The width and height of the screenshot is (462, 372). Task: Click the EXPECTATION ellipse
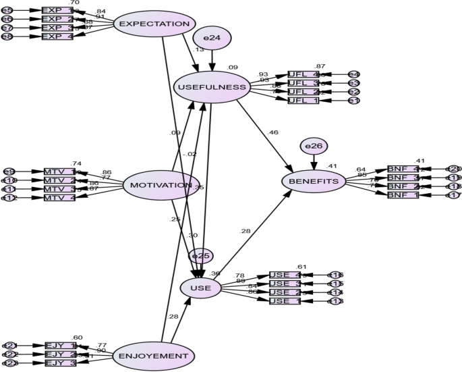(x=154, y=24)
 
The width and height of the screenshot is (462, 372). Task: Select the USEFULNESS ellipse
(x=212, y=87)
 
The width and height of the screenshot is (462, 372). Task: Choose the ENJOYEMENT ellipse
(x=154, y=356)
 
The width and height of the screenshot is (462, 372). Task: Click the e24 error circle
(x=212, y=39)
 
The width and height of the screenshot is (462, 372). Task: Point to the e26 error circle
(x=314, y=146)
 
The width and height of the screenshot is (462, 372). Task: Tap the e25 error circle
(x=201, y=256)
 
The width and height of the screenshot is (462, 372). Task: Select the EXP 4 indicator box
(x=57, y=36)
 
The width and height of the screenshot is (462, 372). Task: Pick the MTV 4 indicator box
(x=59, y=198)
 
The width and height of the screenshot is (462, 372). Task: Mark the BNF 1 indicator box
(x=403, y=195)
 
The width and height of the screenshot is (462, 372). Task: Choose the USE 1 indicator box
(x=285, y=301)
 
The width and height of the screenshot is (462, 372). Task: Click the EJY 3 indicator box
(x=59, y=363)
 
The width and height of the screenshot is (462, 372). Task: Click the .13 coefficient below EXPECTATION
(x=198, y=50)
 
